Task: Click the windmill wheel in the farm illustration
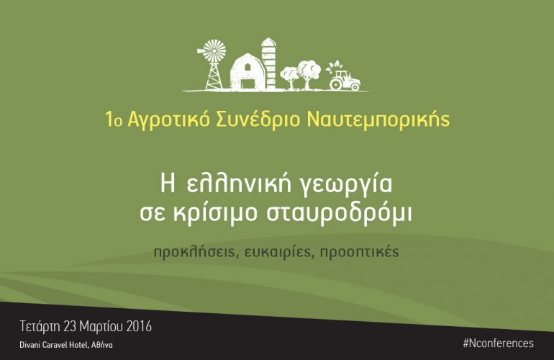click(x=214, y=51)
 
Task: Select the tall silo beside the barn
click(x=268, y=63)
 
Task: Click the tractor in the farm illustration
click(x=345, y=80)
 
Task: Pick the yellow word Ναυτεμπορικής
click(x=378, y=120)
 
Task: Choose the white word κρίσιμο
click(x=215, y=214)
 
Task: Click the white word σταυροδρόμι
click(x=339, y=214)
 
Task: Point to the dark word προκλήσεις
click(x=196, y=253)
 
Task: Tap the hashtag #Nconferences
click(x=498, y=343)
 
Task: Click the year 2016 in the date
click(x=139, y=326)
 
